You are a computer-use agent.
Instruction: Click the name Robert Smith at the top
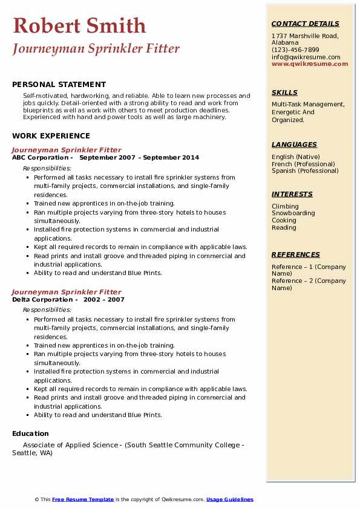(79, 25)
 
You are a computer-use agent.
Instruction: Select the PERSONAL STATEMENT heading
(59, 85)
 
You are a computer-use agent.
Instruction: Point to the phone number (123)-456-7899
(295, 50)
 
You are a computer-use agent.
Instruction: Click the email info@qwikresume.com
(306, 57)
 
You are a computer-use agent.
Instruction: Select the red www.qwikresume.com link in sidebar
(310, 63)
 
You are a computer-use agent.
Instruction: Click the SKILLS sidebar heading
(284, 92)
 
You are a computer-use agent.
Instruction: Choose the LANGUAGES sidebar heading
(294, 144)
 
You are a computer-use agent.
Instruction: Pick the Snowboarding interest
(293, 213)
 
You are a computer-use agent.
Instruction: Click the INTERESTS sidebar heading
(292, 194)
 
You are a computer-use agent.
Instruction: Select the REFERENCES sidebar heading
(295, 254)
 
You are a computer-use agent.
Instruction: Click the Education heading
(30, 433)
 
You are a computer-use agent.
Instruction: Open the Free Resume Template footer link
(83, 499)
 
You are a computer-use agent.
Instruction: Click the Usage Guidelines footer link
(229, 499)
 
